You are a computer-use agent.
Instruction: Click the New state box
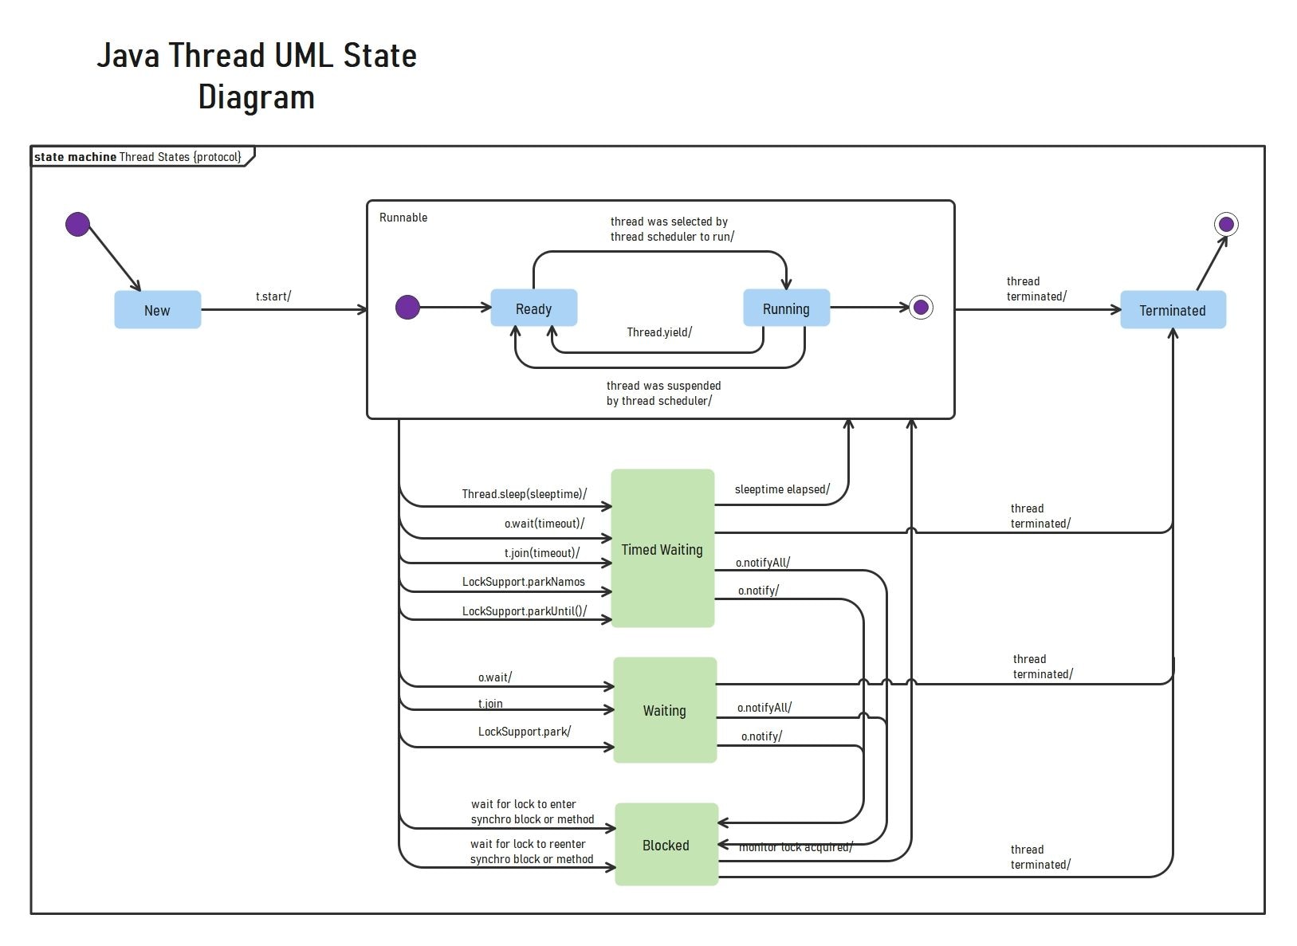click(157, 310)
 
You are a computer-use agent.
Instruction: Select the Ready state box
click(533, 308)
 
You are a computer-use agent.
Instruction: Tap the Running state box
click(786, 308)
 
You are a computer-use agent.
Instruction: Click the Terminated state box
click(1172, 310)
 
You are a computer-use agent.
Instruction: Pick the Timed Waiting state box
click(662, 548)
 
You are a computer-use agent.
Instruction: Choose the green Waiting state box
click(664, 710)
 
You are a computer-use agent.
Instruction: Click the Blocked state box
click(666, 845)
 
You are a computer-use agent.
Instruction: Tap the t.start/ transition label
click(273, 296)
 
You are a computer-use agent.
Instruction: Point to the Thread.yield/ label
click(659, 332)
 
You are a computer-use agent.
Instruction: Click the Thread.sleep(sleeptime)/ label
click(524, 494)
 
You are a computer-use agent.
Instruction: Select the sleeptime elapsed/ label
click(782, 489)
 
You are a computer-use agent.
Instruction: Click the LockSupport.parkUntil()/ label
click(524, 611)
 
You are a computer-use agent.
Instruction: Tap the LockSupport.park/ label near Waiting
click(524, 732)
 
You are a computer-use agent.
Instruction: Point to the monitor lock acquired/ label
click(796, 847)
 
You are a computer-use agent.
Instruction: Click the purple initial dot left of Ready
click(407, 307)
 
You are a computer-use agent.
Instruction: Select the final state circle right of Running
click(921, 307)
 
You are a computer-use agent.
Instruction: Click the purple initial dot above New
click(77, 224)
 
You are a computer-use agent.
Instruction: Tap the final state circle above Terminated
click(1226, 224)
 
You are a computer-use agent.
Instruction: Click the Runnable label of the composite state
click(403, 218)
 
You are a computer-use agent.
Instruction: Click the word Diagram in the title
click(256, 97)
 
